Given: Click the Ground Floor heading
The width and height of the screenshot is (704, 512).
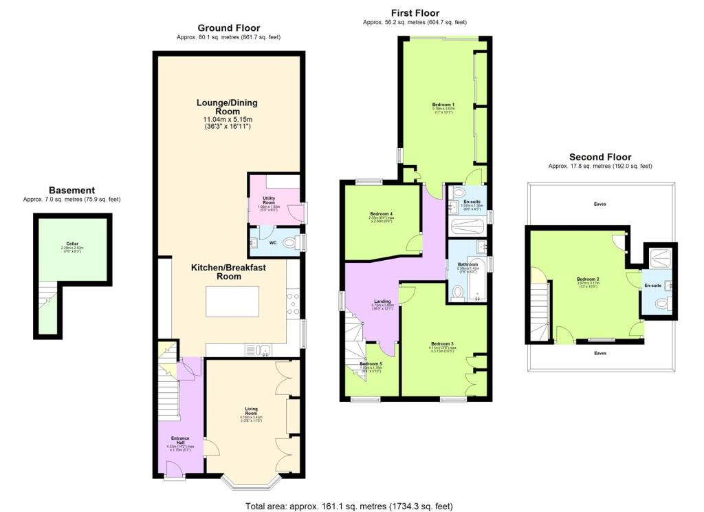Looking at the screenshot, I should tap(228, 28).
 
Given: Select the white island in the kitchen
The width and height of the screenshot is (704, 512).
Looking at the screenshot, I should tap(232, 301).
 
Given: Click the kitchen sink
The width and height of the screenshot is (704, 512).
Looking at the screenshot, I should tap(262, 350).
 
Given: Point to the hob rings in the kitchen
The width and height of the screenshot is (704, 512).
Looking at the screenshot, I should tap(294, 301).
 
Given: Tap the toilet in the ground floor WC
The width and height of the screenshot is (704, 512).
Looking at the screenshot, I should tap(294, 242).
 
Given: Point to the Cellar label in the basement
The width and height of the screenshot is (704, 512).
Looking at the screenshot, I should tap(72, 242).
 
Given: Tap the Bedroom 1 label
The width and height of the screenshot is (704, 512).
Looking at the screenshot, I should tap(443, 105).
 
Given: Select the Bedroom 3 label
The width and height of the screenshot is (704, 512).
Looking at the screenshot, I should tap(443, 343).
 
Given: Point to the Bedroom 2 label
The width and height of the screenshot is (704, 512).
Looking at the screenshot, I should tap(588, 279).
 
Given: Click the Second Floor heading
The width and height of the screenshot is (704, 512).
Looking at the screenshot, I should tap(599, 157).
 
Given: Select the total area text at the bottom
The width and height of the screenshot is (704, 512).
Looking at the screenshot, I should tap(349, 506).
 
